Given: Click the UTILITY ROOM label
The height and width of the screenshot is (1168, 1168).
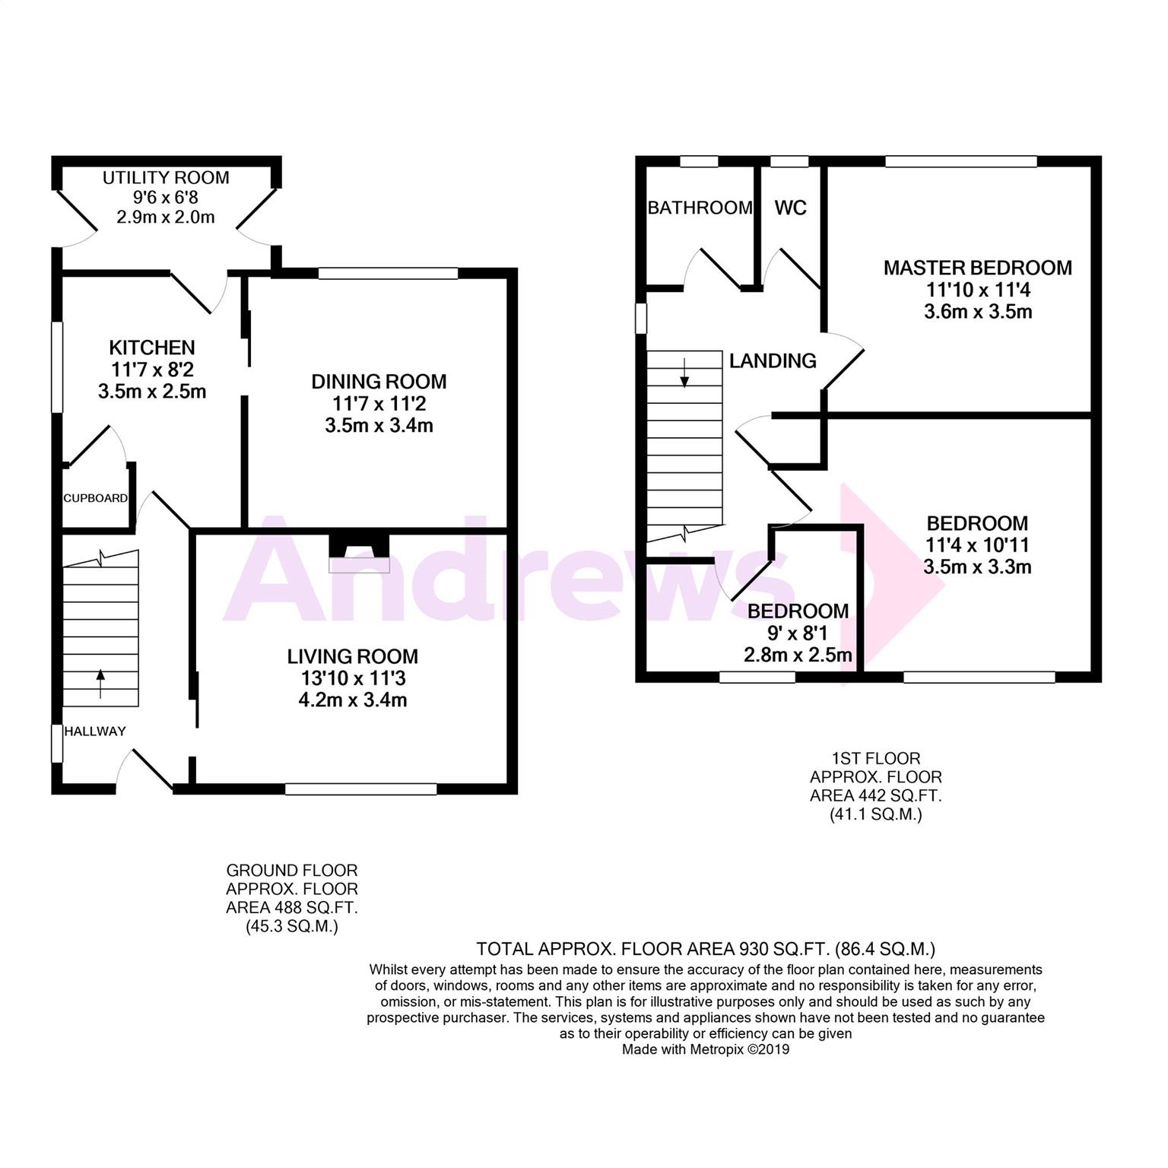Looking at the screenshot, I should coord(166,178).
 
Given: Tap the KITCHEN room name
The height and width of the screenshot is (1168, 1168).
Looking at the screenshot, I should coord(152,348).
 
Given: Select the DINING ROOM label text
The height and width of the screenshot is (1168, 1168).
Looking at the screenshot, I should coord(379,382).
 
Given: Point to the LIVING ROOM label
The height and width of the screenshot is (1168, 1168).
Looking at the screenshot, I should coord(352,656).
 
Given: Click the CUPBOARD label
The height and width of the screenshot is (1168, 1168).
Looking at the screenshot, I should coord(95,499).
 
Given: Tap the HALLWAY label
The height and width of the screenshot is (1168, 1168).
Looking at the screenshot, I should coord(95,732).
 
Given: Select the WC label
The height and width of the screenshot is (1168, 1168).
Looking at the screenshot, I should coord(790,208).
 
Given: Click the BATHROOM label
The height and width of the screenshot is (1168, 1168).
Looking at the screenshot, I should coord(700,208).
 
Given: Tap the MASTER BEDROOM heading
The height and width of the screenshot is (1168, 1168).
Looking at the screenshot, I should coord(977,268).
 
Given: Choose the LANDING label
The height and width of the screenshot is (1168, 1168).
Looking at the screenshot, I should coord(773,360).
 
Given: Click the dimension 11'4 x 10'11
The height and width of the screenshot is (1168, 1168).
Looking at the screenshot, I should coord(977,545).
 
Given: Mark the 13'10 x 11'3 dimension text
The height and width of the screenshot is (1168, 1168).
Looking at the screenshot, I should coord(352,678).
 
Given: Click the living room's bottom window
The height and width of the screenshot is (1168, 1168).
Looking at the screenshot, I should coord(361,789).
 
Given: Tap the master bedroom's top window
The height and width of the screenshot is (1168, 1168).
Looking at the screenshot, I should coord(961,161).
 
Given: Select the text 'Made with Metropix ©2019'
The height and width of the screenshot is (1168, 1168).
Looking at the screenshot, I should coord(706,1050).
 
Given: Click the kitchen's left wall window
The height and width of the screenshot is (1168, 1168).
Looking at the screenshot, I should coord(57,368).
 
